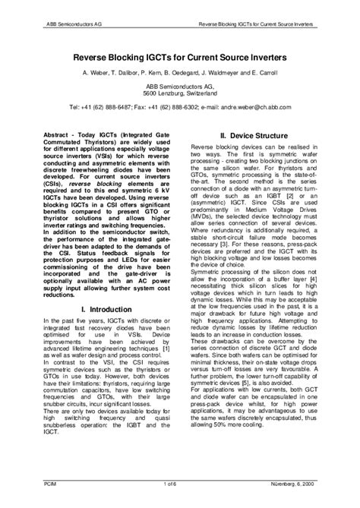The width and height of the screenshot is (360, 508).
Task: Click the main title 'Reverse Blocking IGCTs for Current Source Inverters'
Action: (x=179, y=56)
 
